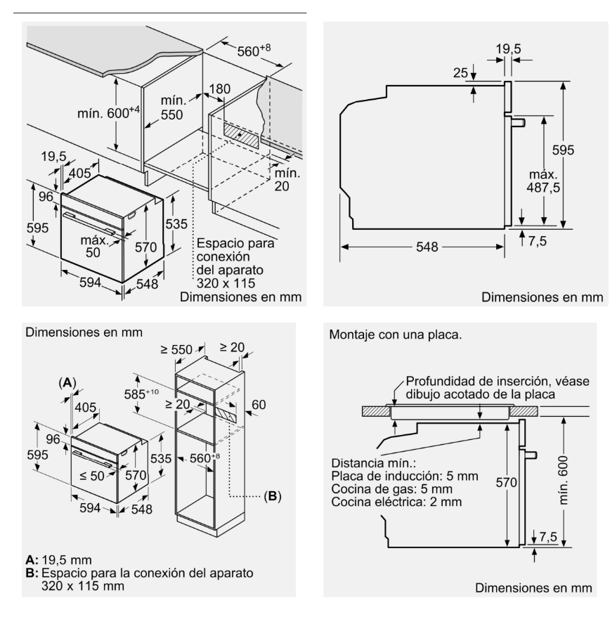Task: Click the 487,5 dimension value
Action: [543, 188]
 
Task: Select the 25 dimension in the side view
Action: [460, 73]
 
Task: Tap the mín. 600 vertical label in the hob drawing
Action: [563, 480]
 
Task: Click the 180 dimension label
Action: [219, 89]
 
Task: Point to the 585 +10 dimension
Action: [141, 394]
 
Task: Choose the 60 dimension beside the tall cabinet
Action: [259, 405]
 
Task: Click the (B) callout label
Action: [273, 496]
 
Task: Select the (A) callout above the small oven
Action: [67, 382]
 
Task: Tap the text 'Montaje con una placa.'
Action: [396, 335]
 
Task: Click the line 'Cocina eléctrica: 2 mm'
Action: [396, 502]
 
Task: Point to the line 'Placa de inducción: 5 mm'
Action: [405, 476]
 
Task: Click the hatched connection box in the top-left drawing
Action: [241, 135]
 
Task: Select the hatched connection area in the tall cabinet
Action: [226, 415]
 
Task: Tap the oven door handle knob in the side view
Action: [519, 122]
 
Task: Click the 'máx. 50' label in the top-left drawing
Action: [93, 247]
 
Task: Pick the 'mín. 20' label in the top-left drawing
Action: [287, 179]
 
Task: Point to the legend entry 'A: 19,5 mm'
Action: [58, 559]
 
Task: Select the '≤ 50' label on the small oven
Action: [91, 476]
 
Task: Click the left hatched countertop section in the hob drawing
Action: [376, 411]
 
